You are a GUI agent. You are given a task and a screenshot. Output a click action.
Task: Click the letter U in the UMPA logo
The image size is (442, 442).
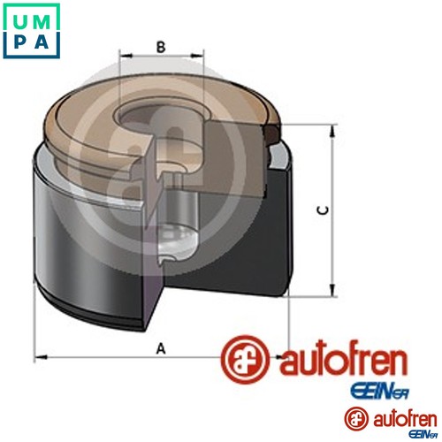coord(17,17)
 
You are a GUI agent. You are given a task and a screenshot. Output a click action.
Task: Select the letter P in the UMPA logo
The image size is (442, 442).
coord(17,42)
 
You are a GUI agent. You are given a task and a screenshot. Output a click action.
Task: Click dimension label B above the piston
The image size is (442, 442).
coord(161,48)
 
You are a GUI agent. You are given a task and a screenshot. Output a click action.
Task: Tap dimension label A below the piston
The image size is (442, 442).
coord(160,347)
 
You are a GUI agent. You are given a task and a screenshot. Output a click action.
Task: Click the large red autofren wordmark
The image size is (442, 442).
coord(344,360)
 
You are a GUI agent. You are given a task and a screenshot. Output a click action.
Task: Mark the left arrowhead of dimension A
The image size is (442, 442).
coord(39,358)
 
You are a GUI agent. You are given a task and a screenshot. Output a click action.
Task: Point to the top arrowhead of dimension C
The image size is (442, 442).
coord(333,131)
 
